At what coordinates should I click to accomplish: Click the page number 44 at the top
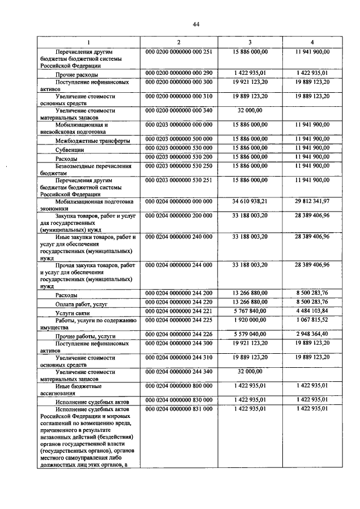tap(180, 24)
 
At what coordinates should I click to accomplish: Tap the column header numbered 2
tap(178, 43)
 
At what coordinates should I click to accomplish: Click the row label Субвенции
tap(70, 151)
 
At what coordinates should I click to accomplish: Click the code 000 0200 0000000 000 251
tap(178, 52)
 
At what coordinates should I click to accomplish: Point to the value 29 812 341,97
tap(312, 201)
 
